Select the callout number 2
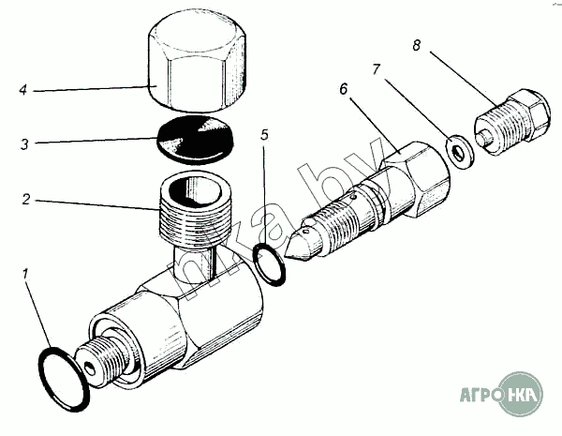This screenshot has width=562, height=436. (27, 199)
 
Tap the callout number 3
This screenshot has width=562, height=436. (27, 145)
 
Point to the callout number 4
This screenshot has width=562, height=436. (22, 91)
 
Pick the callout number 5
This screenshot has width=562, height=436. (265, 135)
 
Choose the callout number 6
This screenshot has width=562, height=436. (344, 89)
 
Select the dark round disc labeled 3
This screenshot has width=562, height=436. (198, 140)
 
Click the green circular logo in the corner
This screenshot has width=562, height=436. (520, 395)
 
